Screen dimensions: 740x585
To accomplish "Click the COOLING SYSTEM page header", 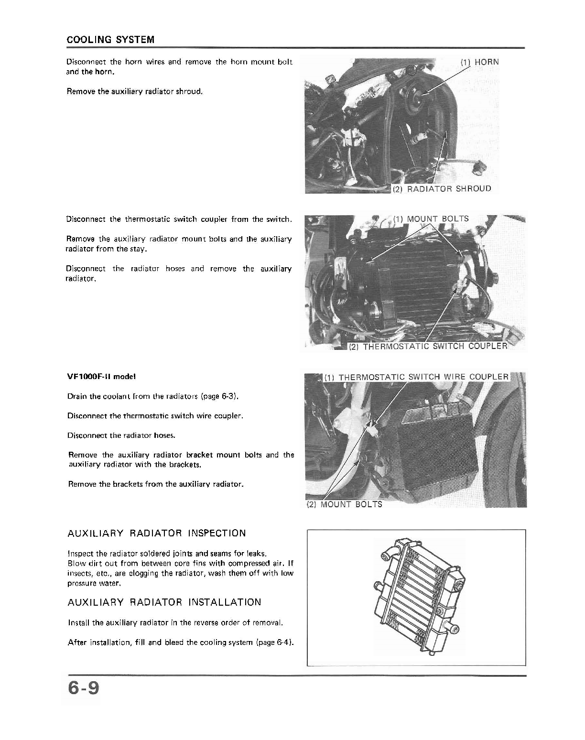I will pos(110,40).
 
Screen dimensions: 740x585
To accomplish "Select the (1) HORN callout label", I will pos(479,62).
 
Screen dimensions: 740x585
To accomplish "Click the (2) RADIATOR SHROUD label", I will pos(441,188).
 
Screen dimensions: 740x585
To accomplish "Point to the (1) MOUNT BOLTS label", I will pos(431,219).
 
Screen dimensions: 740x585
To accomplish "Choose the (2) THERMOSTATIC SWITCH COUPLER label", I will pos(427,346).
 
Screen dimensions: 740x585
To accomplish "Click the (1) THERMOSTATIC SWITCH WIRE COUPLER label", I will pos(416,377).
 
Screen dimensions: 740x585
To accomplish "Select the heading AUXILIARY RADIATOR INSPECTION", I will pos(157,533).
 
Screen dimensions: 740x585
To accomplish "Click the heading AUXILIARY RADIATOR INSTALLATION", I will pos(164,602).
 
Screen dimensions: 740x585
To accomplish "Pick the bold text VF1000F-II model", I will pos(102,376).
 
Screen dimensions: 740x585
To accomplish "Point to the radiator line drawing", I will pos(416,598).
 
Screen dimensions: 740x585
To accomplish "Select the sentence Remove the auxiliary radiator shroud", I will pos(135,91).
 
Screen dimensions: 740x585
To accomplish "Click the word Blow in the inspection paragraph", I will pos(76,563).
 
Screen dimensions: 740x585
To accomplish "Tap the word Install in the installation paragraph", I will pos(79,622).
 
